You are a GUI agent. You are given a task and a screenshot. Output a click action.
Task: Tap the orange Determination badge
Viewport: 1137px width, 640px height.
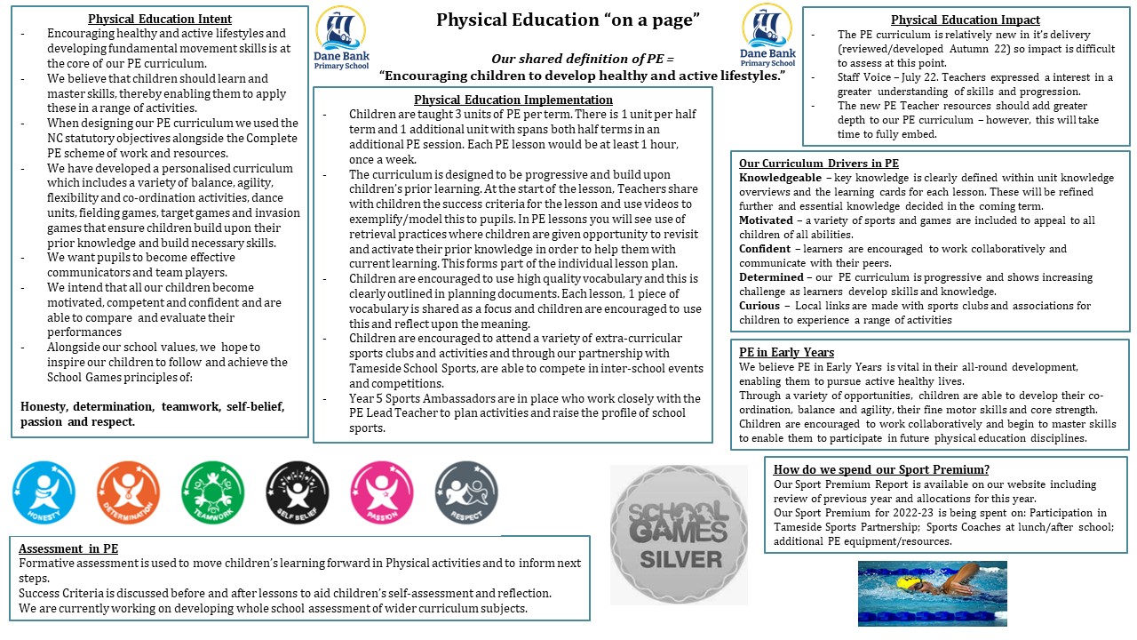[x=129, y=492]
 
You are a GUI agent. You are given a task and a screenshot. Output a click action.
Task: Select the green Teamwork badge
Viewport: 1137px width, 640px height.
[x=212, y=492]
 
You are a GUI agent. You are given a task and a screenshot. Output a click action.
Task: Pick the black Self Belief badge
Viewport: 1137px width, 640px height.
[x=298, y=492]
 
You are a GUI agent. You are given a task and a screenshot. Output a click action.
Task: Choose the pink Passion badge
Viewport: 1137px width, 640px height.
[x=382, y=492]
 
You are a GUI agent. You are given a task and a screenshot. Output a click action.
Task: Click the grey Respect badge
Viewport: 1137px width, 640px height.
[x=466, y=492]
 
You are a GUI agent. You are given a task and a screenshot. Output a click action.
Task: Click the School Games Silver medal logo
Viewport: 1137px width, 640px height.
[x=679, y=535]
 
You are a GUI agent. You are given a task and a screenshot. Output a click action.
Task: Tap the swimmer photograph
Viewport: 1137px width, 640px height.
[x=932, y=593]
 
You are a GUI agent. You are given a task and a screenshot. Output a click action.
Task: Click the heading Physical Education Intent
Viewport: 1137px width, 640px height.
[x=160, y=19]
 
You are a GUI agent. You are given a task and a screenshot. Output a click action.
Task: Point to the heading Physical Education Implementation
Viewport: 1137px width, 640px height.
[x=513, y=100]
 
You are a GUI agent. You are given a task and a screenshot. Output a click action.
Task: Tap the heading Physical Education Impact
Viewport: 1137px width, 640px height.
[x=966, y=20]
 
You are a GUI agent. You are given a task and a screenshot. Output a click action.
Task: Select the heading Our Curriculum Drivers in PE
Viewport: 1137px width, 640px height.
[x=819, y=164]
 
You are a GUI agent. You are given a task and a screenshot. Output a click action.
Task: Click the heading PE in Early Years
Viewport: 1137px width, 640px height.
[x=786, y=352]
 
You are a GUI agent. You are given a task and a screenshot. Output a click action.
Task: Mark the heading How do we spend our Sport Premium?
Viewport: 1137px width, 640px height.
[x=881, y=469]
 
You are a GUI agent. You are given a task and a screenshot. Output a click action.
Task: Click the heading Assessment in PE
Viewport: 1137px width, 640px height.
[x=68, y=548]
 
